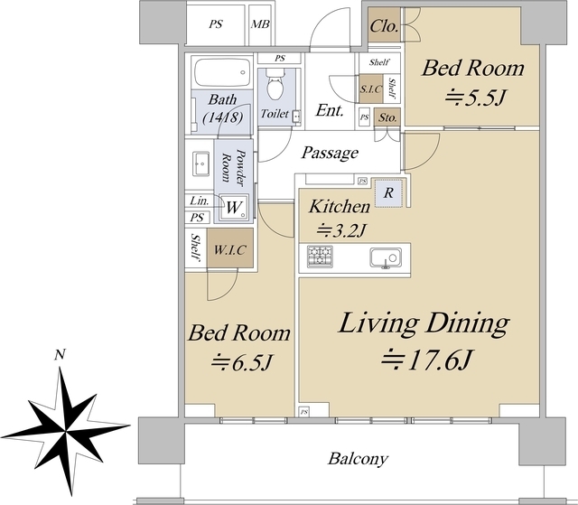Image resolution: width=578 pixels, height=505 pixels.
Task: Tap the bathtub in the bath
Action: [222, 72]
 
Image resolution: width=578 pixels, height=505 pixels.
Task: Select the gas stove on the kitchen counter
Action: [320, 257]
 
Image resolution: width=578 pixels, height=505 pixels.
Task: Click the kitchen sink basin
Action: [386, 257]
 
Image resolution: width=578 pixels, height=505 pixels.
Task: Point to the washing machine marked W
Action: [234, 208]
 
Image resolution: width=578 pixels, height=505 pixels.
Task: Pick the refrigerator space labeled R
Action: [388, 192]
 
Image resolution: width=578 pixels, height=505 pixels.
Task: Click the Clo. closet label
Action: [384, 26]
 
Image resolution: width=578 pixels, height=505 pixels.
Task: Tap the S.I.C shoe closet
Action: [371, 89]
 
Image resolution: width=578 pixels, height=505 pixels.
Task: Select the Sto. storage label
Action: [387, 117]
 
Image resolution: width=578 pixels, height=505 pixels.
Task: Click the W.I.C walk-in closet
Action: [230, 250]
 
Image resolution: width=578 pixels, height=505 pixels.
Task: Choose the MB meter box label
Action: [260, 24]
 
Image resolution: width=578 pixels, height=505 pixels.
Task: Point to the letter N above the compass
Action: [60, 354]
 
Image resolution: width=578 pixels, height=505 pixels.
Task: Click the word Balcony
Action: [358, 459]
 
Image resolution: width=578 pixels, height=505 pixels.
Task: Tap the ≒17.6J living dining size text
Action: [426, 360]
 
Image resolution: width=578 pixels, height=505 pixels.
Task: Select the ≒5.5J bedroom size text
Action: [474, 98]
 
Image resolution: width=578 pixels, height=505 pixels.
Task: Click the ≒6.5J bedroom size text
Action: [241, 362]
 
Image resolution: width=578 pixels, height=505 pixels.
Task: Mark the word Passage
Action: [330, 153]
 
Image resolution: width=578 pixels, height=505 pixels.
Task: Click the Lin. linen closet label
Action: [200, 201]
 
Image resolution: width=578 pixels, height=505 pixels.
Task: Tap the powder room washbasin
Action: [200, 163]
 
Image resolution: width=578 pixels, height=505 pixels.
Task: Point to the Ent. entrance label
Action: [330, 110]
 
